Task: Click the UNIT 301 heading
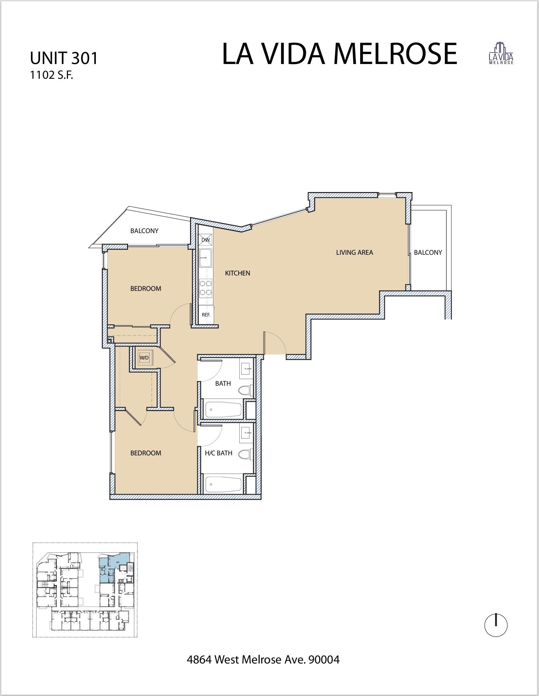tap(64, 58)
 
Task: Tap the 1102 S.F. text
tap(51, 76)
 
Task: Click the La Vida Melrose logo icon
tap(501, 53)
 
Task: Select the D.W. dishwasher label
tap(206, 240)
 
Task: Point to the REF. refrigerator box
tap(206, 314)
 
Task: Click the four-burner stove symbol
tap(206, 287)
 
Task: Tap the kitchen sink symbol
tap(206, 258)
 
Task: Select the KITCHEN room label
tap(237, 273)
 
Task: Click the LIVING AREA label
tap(355, 252)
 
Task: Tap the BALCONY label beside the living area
tap(428, 252)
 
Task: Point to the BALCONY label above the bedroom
tap(144, 231)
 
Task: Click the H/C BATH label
tap(219, 453)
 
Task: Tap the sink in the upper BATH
tap(246, 369)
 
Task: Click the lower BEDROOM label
tap(146, 453)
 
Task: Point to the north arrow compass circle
tap(496, 626)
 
